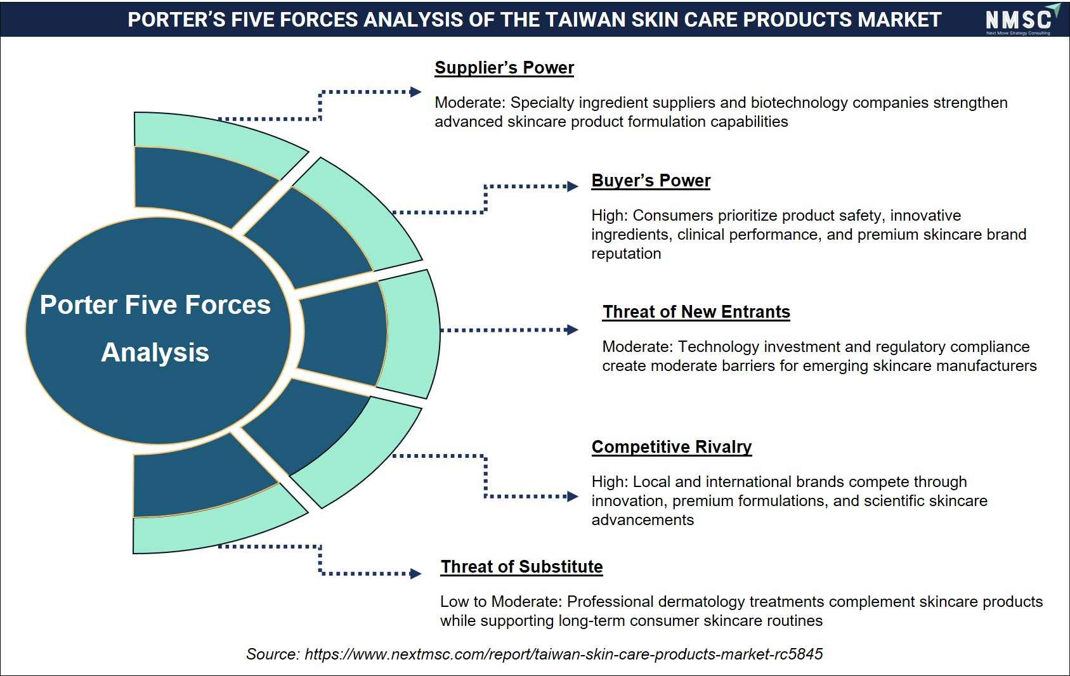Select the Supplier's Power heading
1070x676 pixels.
coord(504,68)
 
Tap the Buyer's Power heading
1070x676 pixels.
coord(651,181)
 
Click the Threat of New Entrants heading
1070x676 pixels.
coord(696,312)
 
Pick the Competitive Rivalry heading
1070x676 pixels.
coord(672,446)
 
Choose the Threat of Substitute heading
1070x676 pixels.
coord(521,566)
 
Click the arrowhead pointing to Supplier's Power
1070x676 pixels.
coord(415,92)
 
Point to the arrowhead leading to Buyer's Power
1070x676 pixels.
coord(572,186)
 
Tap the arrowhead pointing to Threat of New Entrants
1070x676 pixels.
coord(572,330)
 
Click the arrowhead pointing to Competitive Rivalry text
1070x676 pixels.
coord(572,497)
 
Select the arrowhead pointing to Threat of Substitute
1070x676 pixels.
coord(415,573)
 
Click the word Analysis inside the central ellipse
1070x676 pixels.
coord(155,353)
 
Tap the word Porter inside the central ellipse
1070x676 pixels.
coord(78,305)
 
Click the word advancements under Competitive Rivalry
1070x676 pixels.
coord(643,520)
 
